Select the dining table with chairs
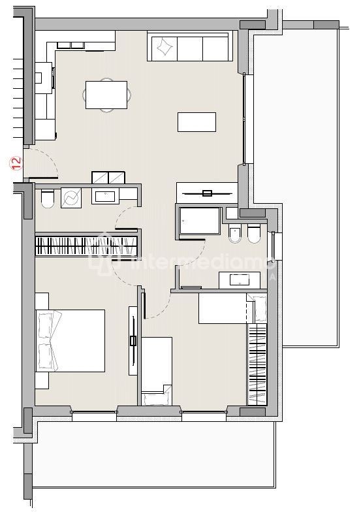(x=106, y=95)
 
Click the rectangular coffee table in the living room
(x=196, y=121)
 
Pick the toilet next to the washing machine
(x=46, y=199)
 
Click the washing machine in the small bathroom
(x=71, y=197)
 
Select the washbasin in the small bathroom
(x=104, y=195)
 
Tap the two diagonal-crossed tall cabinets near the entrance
(x=108, y=177)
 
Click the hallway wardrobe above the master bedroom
(x=86, y=246)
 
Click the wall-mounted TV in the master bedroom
(x=133, y=340)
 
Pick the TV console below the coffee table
(x=207, y=192)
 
